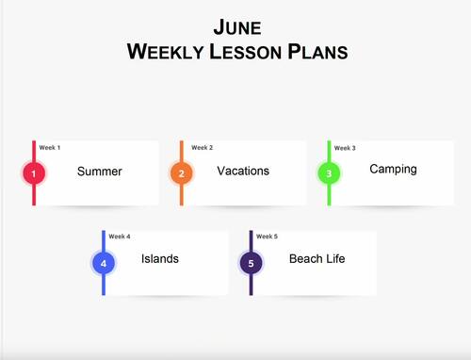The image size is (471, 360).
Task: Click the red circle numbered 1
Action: pyautogui.click(x=34, y=173)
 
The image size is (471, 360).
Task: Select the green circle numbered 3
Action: pyautogui.click(x=329, y=173)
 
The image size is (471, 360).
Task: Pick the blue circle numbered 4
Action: pyautogui.click(x=104, y=263)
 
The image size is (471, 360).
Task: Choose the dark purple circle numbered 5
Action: pyautogui.click(x=251, y=263)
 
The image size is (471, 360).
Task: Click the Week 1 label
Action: pyautogui.click(x=50, y=147)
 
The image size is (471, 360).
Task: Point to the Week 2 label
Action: pyautogui.click(x=203, y=147)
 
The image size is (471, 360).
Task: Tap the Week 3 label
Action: pyautogui.click(x=345, y=148)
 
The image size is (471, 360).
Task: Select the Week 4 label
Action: pyautogui.click(x=120, y=237)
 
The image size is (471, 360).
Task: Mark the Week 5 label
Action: pyautogui.click(x=268, y=237)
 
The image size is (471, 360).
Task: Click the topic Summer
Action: pyautogui.click(x=100, y=172)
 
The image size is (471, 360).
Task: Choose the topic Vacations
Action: pyautogui.click(x=243, y=171)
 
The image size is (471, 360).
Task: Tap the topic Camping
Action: pyautogui.click(x=393, y=170)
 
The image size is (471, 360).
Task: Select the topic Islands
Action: pyautogui.click(x=160, y=259)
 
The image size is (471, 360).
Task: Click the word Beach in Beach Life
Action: pyautogui.click(x=306, y=259)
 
